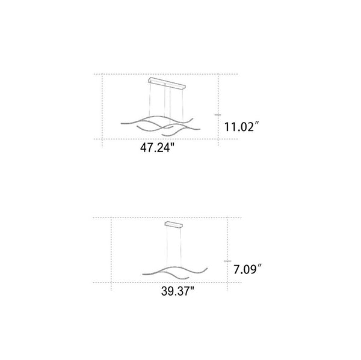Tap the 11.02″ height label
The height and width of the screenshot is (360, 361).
(242, 127)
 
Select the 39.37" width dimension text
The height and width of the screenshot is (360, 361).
(177, 291)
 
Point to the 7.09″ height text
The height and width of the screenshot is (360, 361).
(248, 269)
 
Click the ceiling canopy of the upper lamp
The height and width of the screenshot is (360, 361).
(167, 83)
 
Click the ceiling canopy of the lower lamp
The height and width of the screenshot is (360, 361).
(174, 224)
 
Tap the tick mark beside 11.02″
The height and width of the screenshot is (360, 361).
(218, 115)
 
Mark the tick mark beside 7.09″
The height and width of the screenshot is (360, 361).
(227, 261)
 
